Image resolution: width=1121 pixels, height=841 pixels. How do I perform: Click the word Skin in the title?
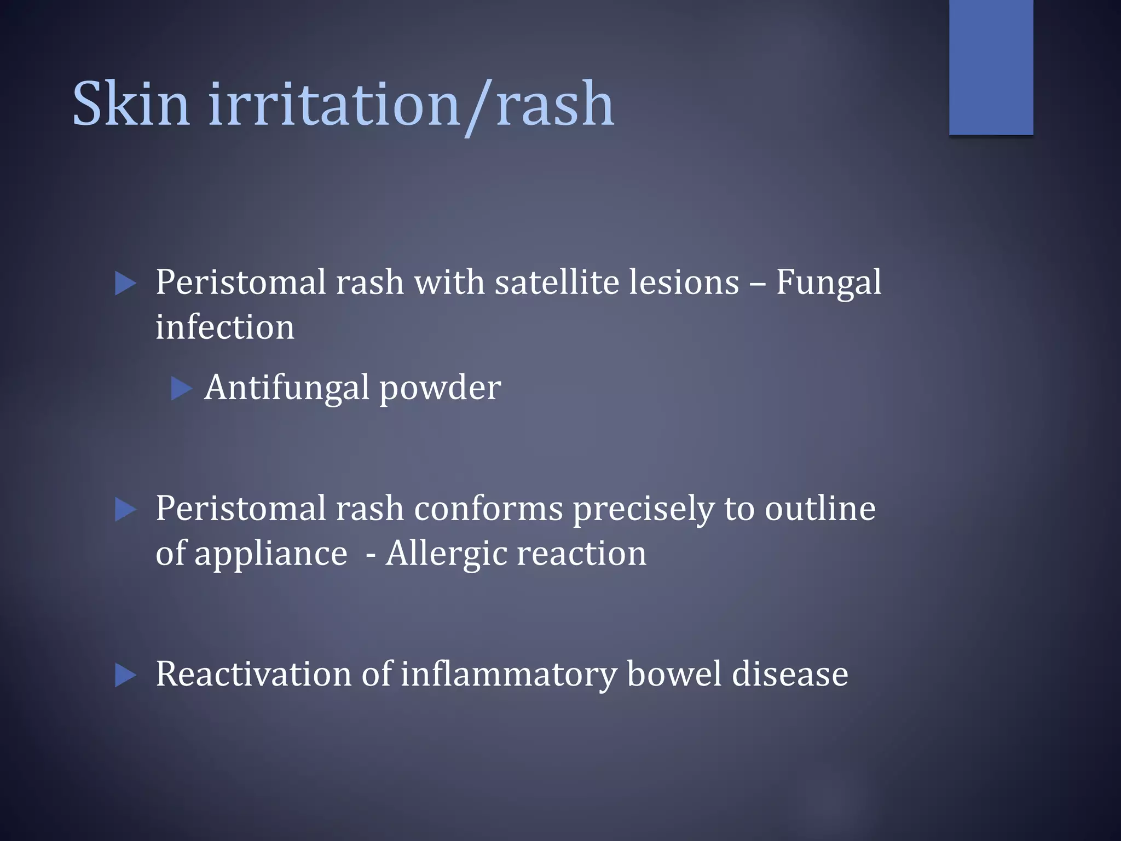point(131,104)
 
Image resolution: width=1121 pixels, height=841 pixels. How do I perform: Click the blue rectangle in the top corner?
point(991,67)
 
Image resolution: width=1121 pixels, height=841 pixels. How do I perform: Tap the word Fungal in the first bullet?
point(828,283)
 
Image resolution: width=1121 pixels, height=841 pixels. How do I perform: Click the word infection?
point(225,327)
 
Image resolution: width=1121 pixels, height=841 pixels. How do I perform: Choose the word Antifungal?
point(287,388)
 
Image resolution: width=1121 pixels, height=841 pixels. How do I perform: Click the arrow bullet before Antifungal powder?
point(181,388)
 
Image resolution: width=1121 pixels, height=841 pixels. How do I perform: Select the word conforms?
point(488,509)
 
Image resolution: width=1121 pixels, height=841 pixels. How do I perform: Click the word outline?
point(820,509)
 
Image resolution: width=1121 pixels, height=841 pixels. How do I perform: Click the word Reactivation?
point(253,674)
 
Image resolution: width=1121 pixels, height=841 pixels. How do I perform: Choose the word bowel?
point(674,674)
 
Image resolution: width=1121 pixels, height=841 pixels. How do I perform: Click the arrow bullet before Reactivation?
point(125,675)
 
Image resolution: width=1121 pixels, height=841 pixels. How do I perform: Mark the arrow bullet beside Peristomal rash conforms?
point(125,510)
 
